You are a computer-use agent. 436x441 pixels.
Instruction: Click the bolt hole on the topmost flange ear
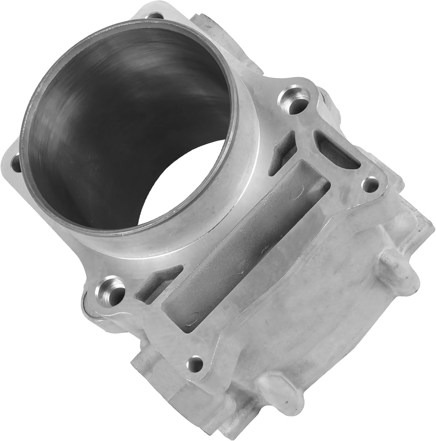(x=155, y=16)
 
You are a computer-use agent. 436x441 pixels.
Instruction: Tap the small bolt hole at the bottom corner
(x=196, y=363)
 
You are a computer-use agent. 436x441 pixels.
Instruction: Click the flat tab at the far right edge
(x=424, y=223)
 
